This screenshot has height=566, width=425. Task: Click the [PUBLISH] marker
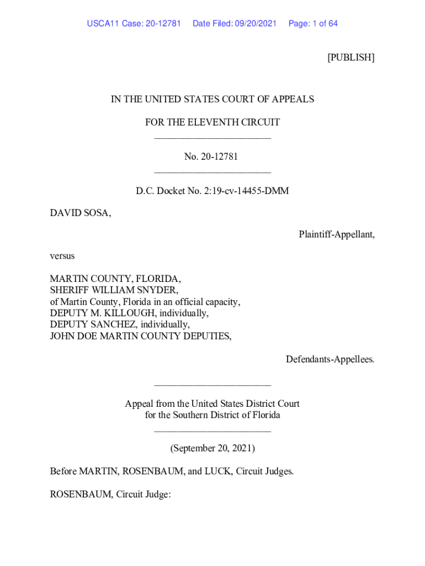[x=350, y=57]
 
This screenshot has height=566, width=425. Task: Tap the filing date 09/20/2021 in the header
[x=255, y=24]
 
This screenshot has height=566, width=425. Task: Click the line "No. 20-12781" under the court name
[x=212, y=156]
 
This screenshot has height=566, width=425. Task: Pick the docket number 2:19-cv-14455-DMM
[x=243, y=191]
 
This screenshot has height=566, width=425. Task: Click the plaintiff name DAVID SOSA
[x=80, y=213]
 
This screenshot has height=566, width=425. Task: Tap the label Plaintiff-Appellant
[x=336, y=234]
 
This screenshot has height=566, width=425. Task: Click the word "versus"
[x=62, y=256]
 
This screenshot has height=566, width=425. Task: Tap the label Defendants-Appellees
[x=330, y=359]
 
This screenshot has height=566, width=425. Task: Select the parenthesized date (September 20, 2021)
[x=212, y=448]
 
